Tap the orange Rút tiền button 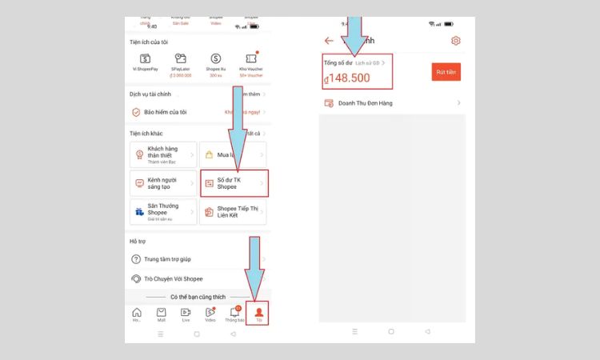point(446,71)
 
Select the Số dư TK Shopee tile point(234,183)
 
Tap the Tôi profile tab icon point(258,313)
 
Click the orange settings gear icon point(456,41)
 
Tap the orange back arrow point(329,41)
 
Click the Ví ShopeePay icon point(146,59)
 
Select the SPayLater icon point(180,59)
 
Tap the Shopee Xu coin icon point(215,59)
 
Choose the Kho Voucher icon point(250,59)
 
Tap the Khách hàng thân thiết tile point(163,154)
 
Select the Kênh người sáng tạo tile point(163,183)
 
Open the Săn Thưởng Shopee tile point(163,212)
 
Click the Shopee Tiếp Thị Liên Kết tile point(234,212)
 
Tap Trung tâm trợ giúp point(168,259)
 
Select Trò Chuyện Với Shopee point(173,278)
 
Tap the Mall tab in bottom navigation point(162,314)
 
